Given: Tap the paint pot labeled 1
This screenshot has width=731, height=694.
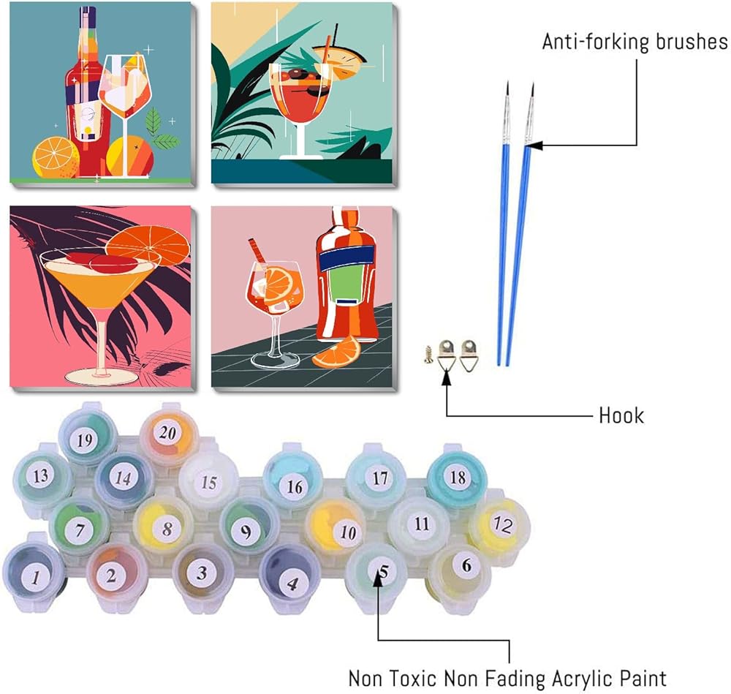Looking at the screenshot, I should [35, 576].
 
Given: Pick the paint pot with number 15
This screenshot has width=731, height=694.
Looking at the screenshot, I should [209, 482].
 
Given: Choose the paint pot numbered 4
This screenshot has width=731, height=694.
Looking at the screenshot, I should [292, 582].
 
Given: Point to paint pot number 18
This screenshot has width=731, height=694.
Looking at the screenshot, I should [458, 478].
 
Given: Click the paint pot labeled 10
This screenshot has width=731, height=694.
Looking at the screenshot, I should [347, 532].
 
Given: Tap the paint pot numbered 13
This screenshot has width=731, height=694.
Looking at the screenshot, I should [41, 476].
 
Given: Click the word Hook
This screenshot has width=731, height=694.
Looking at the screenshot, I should [621, 415].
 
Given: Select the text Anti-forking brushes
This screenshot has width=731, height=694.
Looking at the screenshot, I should [635, 42].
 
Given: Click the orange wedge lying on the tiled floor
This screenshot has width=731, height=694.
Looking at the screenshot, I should [336, 351].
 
